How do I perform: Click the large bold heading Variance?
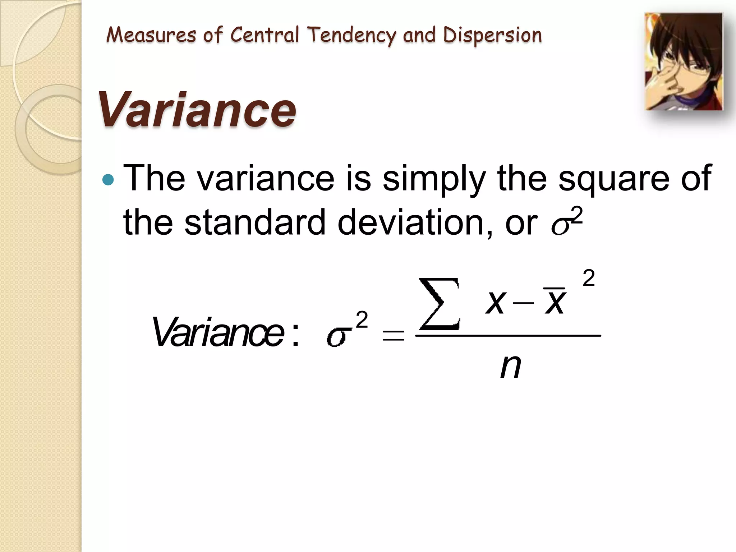(x=197, y=109)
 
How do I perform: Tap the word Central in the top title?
(x=264, y=35)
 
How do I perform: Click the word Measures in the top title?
(x=151, y=35)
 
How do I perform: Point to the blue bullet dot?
(x=108, y=179)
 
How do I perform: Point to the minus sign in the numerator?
(x=523, y=303)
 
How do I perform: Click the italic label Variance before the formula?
(x=218, y=332)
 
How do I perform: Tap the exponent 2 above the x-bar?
(x=588, y=279)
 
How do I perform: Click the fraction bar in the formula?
(x=508, y=336)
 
